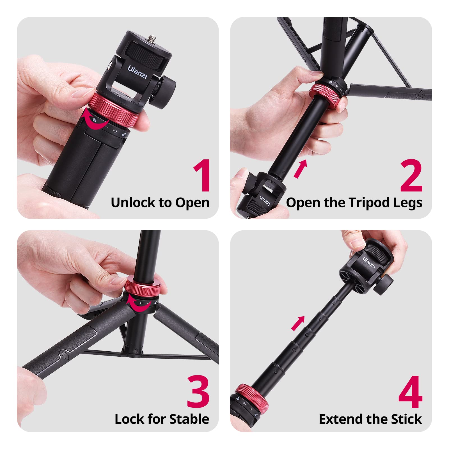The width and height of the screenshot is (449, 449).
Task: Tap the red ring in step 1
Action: click(115, 109)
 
